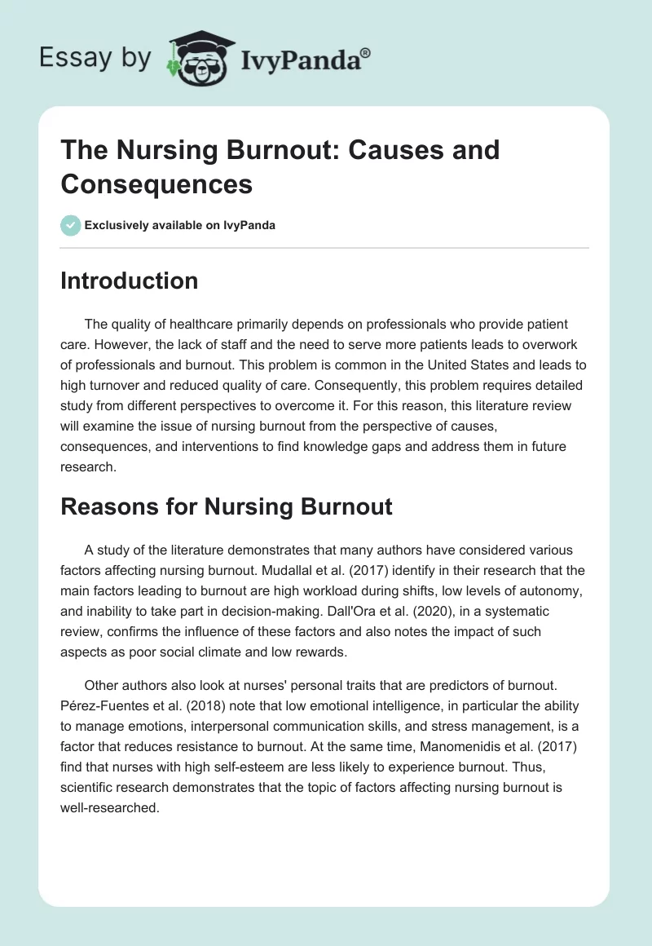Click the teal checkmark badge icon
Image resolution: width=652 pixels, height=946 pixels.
(x=71, y=225)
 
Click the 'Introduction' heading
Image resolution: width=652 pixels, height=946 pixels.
(x=130, y=281)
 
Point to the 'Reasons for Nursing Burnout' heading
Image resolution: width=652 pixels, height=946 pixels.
(x=227, y=506)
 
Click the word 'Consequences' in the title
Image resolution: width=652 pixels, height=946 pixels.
(x=156, y=183)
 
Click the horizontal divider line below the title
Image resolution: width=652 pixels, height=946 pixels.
(x=324, y=247)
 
